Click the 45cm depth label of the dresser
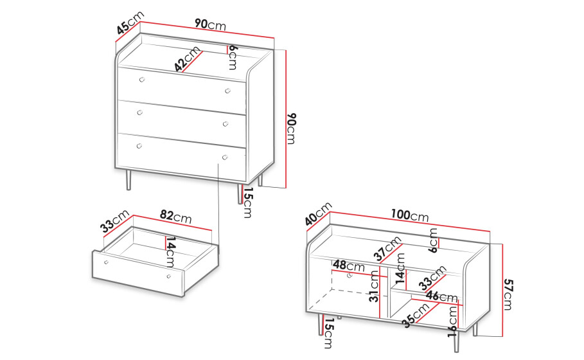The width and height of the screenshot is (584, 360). pos(129,22)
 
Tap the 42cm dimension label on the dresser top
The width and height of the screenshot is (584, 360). pos(188,59)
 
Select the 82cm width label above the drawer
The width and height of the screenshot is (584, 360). pos(176,216)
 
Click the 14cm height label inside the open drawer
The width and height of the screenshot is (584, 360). pos(171,251)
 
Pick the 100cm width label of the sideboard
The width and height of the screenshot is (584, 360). pos(410,215)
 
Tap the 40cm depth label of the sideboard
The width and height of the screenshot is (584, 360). pos(318,214)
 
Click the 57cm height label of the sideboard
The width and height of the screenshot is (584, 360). pos(508,294)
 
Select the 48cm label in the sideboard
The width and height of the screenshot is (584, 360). pos(349,265)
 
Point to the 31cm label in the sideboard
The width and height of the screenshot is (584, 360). pos(373,286)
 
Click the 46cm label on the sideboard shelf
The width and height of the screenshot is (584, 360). pos(442,296)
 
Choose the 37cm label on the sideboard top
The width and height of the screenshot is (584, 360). pos(387,248)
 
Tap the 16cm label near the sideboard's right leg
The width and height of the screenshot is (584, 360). pos(452,321)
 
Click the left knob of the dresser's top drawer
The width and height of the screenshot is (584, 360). pos(141,79)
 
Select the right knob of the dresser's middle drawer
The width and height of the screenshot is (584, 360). pos(226,124)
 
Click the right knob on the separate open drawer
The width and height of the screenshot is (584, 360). pos(169,276)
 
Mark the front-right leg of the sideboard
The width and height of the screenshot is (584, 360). pos(457,341)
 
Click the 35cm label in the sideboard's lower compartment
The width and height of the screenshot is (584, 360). pos(416,316)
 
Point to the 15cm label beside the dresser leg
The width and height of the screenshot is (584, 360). pos(248,203)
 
